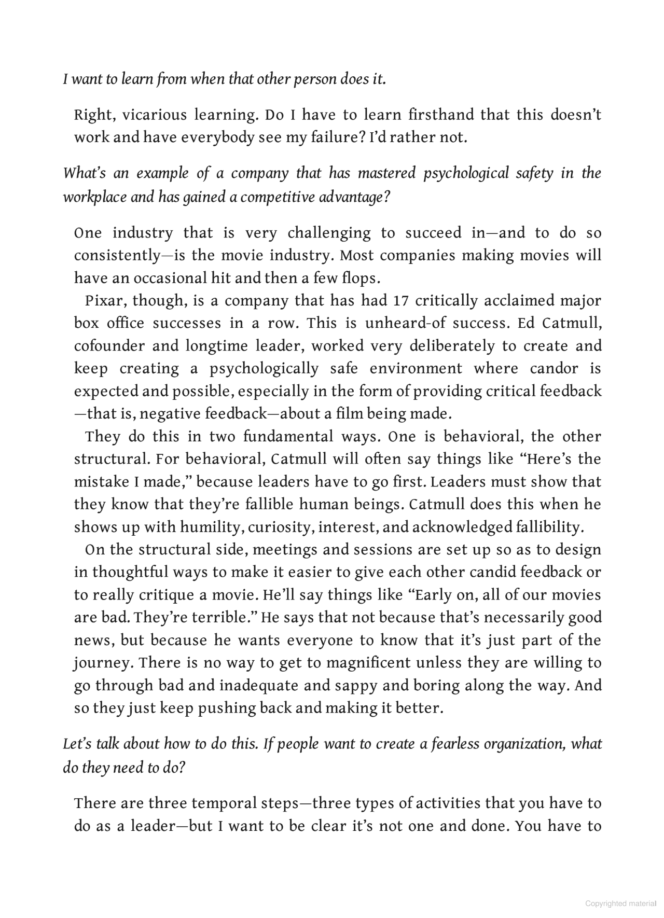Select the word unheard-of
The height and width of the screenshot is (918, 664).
pos(405,324)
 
